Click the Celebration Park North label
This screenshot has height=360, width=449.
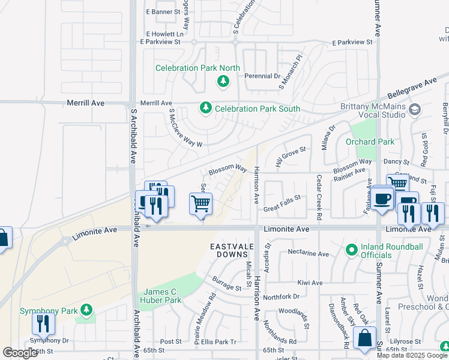[x=197, y=68]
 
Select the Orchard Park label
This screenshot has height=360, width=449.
[x=370, y=142]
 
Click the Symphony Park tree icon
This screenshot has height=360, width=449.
[x=87, y=310]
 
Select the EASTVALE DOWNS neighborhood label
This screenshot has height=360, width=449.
[x=232, y=251]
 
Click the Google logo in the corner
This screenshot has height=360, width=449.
[x=20, y=353]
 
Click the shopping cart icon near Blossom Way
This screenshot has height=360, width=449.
[x=201, y=203]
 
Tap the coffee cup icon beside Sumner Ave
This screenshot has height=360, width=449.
[x=382, y=199]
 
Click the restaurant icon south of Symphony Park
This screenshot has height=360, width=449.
[x=43, y=324]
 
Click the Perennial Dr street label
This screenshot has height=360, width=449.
[x=262, y=76]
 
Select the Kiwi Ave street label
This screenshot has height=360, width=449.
[x=310, y=283]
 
